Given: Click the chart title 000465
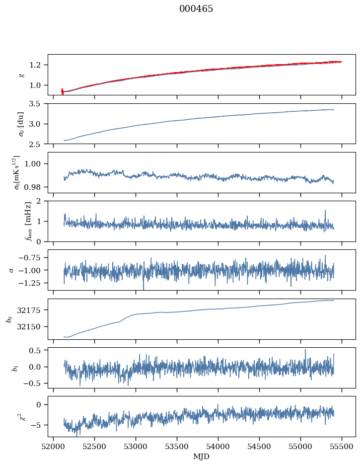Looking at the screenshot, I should click(x=196, y=9).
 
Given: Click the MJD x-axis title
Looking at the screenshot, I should click(x=202, y=457).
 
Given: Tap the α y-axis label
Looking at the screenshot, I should click(x=12, y=270).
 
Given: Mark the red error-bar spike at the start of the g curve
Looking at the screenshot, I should click(x=62, y=91).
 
